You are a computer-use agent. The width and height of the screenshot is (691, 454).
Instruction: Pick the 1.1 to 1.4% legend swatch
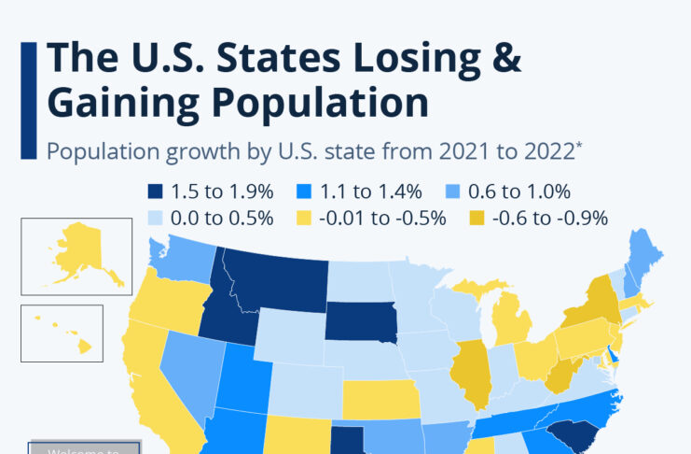[304, 192]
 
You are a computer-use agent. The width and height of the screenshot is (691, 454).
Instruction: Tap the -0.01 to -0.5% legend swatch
[303, 219]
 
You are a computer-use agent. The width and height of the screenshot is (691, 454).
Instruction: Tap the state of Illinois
[472, 369]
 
